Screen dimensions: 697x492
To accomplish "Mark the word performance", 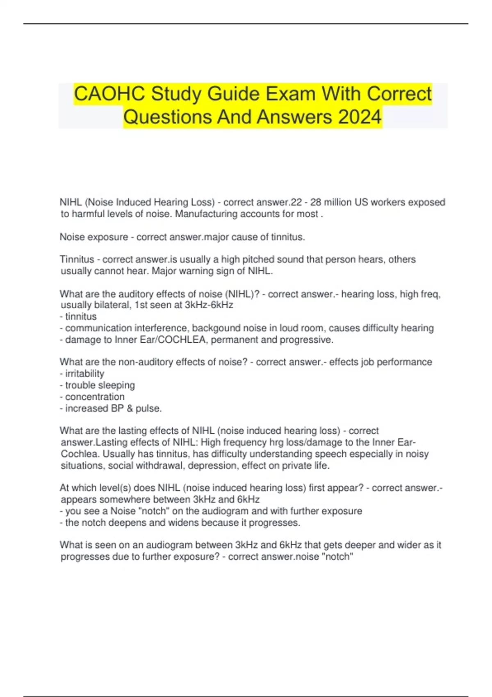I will (404, 362).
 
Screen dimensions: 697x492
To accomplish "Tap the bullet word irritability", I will (84, 374).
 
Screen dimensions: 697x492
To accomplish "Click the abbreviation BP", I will (117, 408).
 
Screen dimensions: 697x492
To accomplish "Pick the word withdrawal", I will (159, 466).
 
